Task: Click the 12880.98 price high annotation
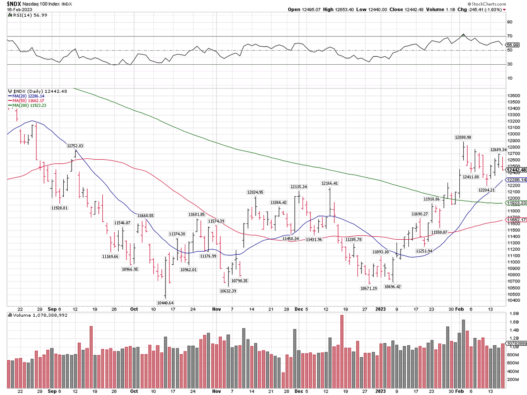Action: click(463, 138)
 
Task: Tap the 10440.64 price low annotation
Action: click(165, 303)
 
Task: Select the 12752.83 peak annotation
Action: click(75, 146)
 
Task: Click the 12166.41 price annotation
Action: click(330, 183)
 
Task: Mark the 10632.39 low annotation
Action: click(228, 291)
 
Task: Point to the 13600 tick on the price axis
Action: click(513, 95)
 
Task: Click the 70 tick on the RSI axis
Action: click(509, 36)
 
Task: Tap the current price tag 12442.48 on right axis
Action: click(516, 170)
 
